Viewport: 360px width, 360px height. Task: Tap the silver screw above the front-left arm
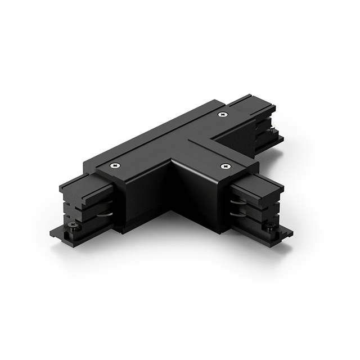pos(115,165)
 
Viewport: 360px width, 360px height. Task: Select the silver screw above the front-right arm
pos(226,166)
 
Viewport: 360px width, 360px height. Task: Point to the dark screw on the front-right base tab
pos(271,227)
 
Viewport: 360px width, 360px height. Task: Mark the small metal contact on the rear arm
pos(274,133)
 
